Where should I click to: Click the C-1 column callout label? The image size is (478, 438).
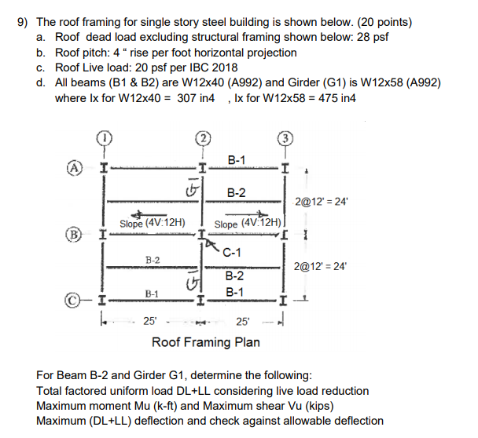pos(232,252)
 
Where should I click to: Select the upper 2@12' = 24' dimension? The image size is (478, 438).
pos(320,201)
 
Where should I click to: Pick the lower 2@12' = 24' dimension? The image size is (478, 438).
pos(320,266)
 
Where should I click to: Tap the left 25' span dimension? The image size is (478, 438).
pos(149,320)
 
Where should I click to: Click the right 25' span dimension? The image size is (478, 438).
pos(245,320)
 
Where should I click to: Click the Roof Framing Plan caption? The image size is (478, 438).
pos(205,342)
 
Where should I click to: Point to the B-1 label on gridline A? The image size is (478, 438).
pos(236,160)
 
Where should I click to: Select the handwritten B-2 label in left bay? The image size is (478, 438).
pos(153,259)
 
